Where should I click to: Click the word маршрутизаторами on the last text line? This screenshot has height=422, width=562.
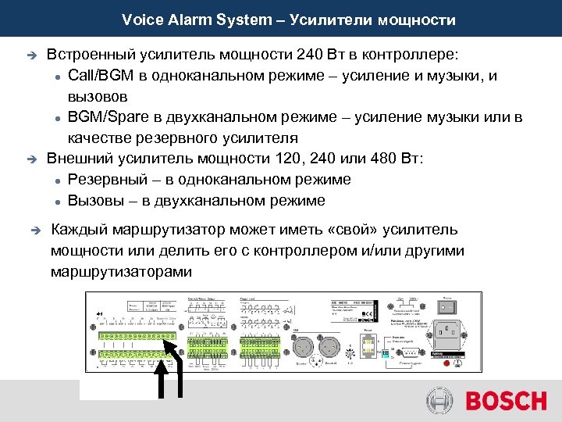click(x=120, y=272)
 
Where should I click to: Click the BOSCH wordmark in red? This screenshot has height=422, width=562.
click(x=506, y=402)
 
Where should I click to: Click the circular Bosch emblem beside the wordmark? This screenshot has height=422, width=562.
click(x=440, y=402)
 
